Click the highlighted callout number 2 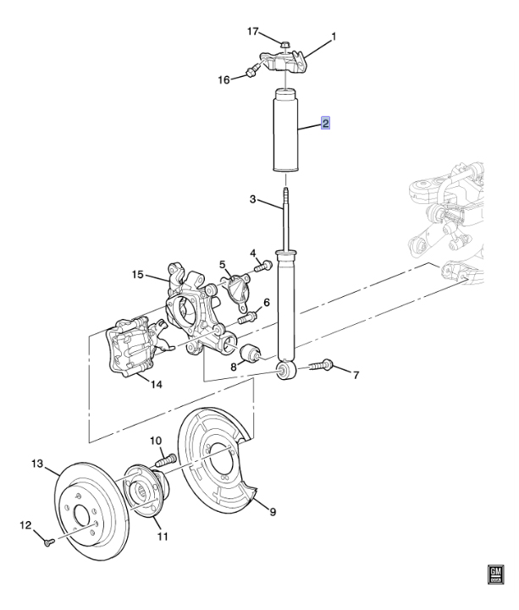(325, 123)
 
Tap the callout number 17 (253, 30)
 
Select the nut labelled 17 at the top (284, 44)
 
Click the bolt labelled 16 (251, 71)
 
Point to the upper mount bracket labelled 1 (284, 60)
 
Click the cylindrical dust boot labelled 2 (286, 131)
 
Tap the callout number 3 (252, 200)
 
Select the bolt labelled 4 (263, 267)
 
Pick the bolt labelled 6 (247, 317)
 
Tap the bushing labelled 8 (251, 353)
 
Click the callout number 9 (273, 511)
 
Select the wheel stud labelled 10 (166, 461)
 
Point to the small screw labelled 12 (48, 542)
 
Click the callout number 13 (37, 464)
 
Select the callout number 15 (137, 275)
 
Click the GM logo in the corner (495, 574)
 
